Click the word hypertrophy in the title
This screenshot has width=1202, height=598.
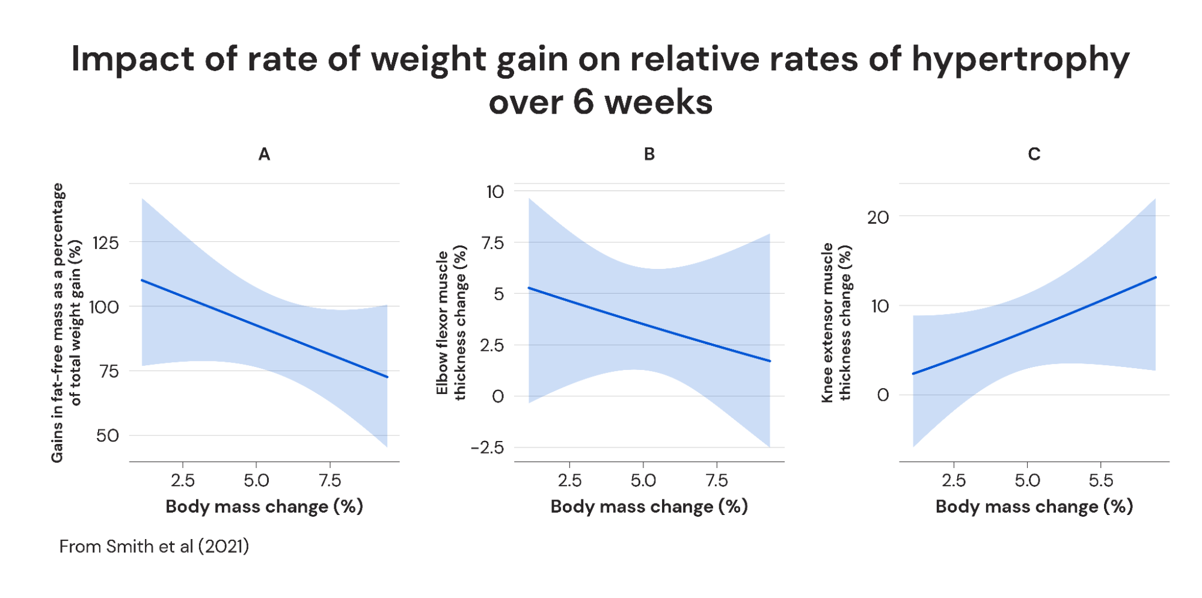(x=1020, y=60)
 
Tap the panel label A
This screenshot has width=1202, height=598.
(x=264, y=155)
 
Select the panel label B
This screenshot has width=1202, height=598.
(x=649, y=155)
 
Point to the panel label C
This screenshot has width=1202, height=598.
(x=1034, y=155)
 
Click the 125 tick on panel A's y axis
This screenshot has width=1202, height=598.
(x=106, y=243)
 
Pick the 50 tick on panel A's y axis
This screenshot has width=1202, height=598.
(x=108, y=436)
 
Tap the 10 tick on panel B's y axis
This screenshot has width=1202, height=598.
(x=495, y=192)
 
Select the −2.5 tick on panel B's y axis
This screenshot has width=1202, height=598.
(x=488, y=448)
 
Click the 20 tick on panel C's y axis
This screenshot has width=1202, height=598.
(x=878, y=217)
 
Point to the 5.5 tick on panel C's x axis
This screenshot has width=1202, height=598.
(x=1101, y=481)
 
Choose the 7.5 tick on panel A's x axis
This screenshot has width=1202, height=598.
(x=330, y=481)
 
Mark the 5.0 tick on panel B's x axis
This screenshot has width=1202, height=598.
(x=643, y=481)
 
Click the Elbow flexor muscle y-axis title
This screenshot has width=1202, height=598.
(x=451, y=322)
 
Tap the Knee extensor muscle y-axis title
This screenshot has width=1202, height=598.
(x=836, y=322)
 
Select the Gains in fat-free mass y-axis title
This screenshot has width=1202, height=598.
(x=66, y=322)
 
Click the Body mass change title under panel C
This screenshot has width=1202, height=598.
(x=1034, y=507)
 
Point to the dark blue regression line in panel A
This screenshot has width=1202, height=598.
(x=265, y=328)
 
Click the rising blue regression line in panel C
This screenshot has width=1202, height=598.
(x=1034, y=326)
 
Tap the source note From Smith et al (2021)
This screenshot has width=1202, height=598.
(x=154, y=546)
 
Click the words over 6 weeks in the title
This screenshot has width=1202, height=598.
(x=600, y=102)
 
